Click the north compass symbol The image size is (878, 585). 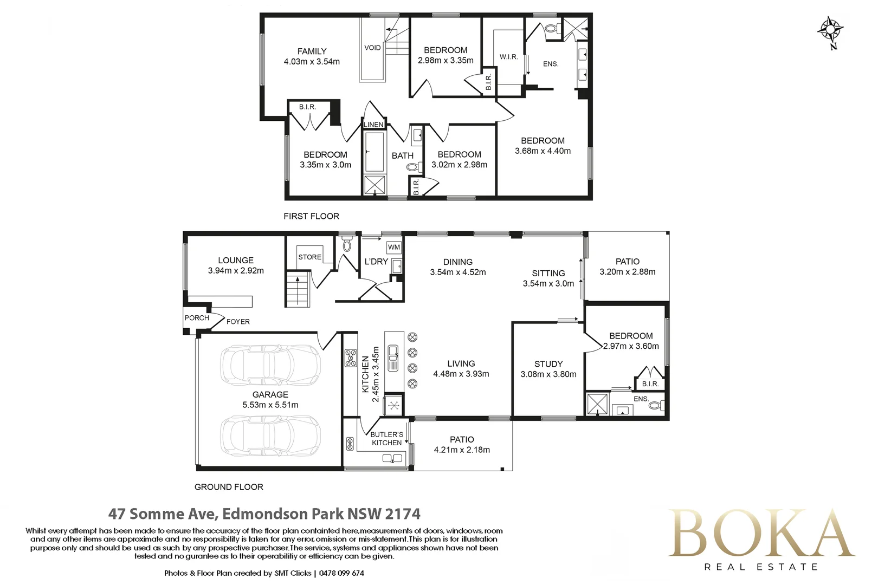(830, 31)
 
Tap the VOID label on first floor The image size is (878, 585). (372, 48)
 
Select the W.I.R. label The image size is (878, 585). (508, 57)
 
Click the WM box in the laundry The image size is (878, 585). (394, 247)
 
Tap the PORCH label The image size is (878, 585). (197, 318)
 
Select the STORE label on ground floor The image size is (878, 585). (309, 257)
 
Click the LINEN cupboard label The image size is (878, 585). (373, 125)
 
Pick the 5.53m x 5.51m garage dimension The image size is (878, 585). (270, 405)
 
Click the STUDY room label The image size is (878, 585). (548, 364)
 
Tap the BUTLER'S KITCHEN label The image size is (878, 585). (386, 439)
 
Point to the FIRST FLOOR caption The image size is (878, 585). (311, 216)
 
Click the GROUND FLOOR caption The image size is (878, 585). (229, 487)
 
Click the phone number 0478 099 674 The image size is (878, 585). (341, 573)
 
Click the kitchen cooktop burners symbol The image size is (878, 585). (351, 358)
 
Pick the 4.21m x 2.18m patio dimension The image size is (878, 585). (462, 450)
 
